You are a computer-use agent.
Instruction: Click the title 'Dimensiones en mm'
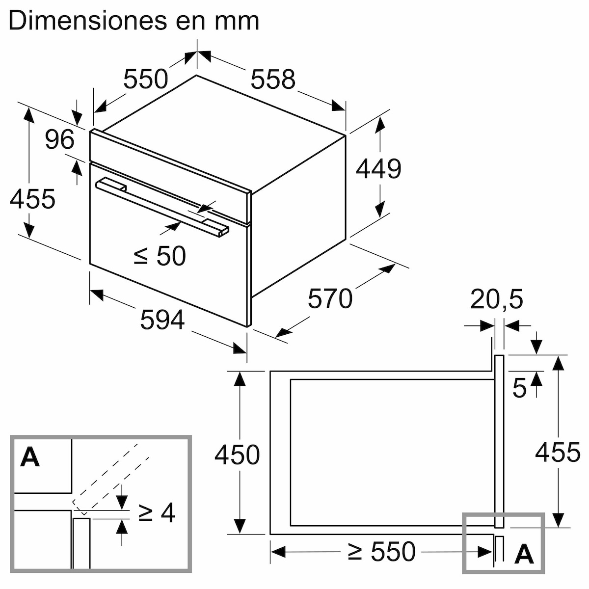(x=134, y=21)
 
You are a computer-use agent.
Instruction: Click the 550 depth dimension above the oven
(x=145, y=80)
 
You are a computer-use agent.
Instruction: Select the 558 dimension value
(x=273, y=80)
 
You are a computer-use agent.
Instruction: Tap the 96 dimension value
(x=59, y=140)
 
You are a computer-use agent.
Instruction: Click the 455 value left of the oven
(x=32, y=199)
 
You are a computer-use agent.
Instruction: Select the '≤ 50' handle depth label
(x=160, y=256)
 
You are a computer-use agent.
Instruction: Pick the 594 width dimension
(x=162, y=320)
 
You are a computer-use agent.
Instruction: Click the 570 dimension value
(x=330, y=298)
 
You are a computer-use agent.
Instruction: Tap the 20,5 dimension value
(x=497, y=300)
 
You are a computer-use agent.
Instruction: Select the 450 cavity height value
(x=237, y=455)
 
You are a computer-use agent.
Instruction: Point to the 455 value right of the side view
(x=558, y=452)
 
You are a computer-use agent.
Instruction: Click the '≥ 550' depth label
(x=381, y=552)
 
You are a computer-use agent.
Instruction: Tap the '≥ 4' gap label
(x=157, y=513)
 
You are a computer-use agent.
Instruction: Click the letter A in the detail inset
(x=30, y=457)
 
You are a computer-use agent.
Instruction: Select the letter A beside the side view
(x=524, y=554)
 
